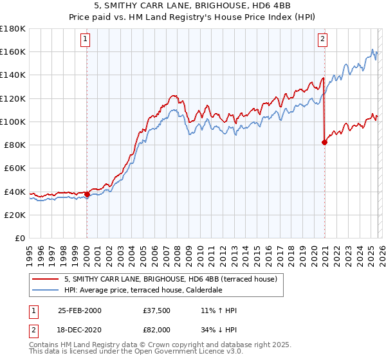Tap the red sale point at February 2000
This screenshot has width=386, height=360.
(87, 194)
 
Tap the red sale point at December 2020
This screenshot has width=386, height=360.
(324, 143)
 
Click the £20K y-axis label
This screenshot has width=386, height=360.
(15, 215)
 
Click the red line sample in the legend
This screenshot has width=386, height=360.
(46, 279)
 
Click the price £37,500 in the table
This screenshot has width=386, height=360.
(157, 310)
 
